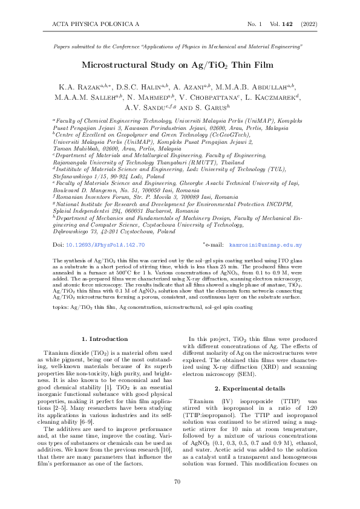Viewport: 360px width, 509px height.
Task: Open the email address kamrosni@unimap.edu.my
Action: [x=265, y=262]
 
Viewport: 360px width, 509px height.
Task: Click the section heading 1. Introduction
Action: [x=105, y=339]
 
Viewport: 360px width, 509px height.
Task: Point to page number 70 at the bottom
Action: [x=177, y=482]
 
